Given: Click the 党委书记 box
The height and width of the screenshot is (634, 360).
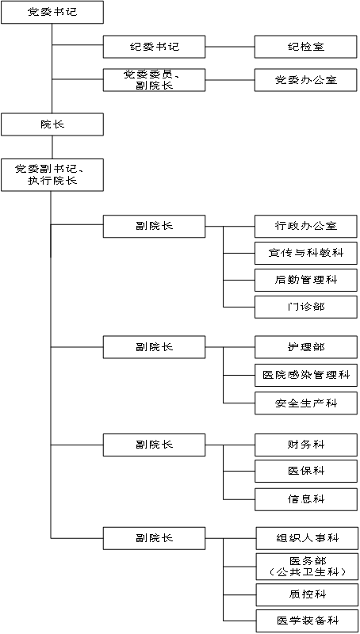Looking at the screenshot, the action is pyautogui.click(x=52, y=12).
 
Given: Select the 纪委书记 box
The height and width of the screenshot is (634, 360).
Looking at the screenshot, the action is pyautogui.click(x=154, y=47).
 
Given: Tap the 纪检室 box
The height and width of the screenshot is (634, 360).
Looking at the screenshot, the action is pyautogui.click(x=306, y=47).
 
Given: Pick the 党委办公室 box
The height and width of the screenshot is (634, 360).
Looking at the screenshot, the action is pyautogui.click(x=306, y=80).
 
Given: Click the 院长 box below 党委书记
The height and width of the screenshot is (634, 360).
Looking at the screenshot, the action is pyautogui.click(x=52, y=124).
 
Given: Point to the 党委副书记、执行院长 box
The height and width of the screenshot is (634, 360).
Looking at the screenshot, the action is pyautogui.click(x=52, y=174).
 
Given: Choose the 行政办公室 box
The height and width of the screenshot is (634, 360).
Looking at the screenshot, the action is pyautogui.click(x=306, y=226).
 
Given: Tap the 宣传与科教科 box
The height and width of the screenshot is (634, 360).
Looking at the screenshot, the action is pyautogui.click(x=306, y=253).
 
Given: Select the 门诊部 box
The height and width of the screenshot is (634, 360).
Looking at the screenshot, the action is pyautogui.click(x=306, y=307).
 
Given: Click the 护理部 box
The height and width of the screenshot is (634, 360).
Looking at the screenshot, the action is pyautogui.click(x=306, y=347).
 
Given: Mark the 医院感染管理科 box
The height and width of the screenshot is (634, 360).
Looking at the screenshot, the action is pyautogui.click(x=306, y=375).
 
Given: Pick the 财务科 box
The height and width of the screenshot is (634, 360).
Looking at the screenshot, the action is pyautogui.click(x=306, y=445).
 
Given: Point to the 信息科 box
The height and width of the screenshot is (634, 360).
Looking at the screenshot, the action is pyautogui.click(x=306, y=499).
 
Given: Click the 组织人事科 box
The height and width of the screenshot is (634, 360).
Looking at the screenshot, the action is pyautogui.click(x=308, y=538).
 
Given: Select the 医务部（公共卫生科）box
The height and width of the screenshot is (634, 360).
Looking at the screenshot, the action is pyautogui.click(x=308, y=567).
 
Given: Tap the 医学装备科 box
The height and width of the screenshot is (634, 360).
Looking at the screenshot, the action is pyautogui.click(x=308, y=621).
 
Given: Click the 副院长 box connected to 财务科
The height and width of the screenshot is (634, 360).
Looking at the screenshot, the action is pyautogui.click(x=154, y=445).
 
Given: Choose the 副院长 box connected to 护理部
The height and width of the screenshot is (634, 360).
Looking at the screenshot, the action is pyautogui.click(x=154, y=347).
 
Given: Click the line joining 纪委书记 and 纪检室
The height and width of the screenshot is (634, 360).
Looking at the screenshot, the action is pyautogui.click(x=230, y=47).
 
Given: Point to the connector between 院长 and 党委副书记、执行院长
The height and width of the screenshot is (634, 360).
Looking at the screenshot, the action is pyautogui.click(x=52, y=147).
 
